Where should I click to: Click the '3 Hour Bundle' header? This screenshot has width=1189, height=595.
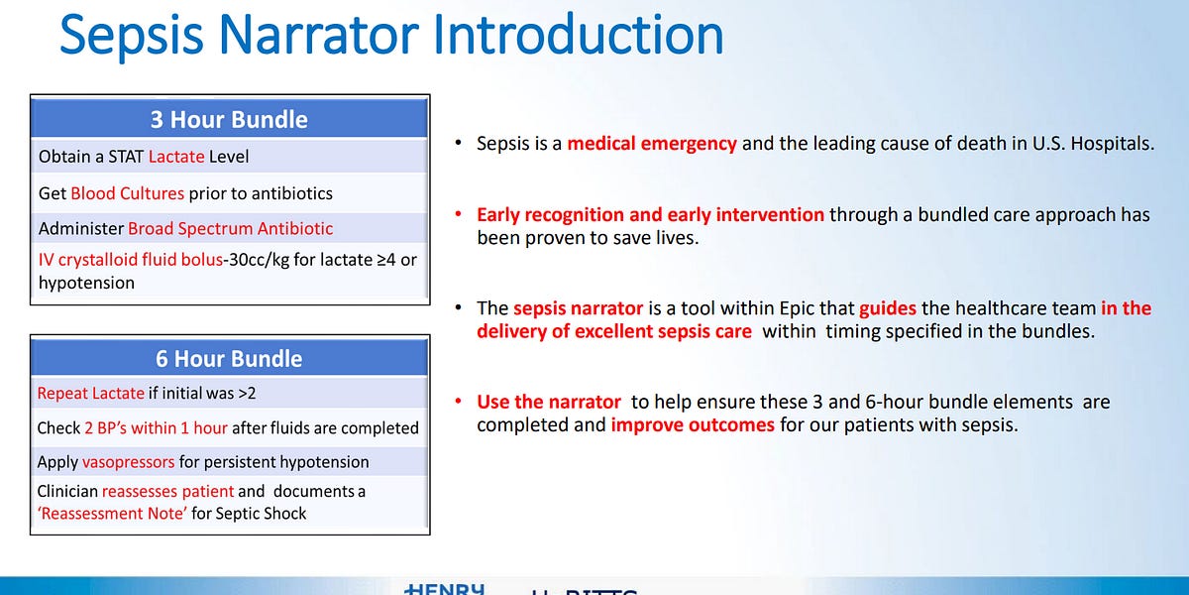click(229, 120)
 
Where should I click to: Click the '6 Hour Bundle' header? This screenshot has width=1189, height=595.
click(229, 359)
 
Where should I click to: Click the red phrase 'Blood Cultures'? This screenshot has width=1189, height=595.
click(128, 193)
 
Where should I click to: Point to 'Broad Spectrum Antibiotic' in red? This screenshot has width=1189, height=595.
click(230, 228)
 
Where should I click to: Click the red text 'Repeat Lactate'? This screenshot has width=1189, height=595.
click(90, 394)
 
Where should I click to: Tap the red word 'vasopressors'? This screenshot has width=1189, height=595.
click(128, 462)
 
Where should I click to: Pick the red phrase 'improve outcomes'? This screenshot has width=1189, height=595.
click(693, 425)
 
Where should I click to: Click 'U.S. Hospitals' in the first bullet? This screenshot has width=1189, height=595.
click(1098, 144)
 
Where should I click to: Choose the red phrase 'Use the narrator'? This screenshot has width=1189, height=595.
click(549, 402)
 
